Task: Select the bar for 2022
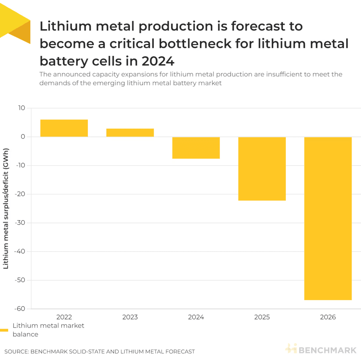click(x=64, y=128)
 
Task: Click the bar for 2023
click(x=130, y=133)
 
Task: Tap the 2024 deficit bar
click(x=196, y=148)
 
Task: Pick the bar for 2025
click(x=262, y=169)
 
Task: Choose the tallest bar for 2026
click(x=328, y=218)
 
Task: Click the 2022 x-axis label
click(x=64, y=317)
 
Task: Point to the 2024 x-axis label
click(x=196, y=317)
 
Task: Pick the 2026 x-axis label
click(x=328, y=317)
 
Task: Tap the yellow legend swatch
click(x=4, y=330)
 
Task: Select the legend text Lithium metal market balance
click(x=48, y=330)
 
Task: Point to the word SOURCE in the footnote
click(x=16, y=352)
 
